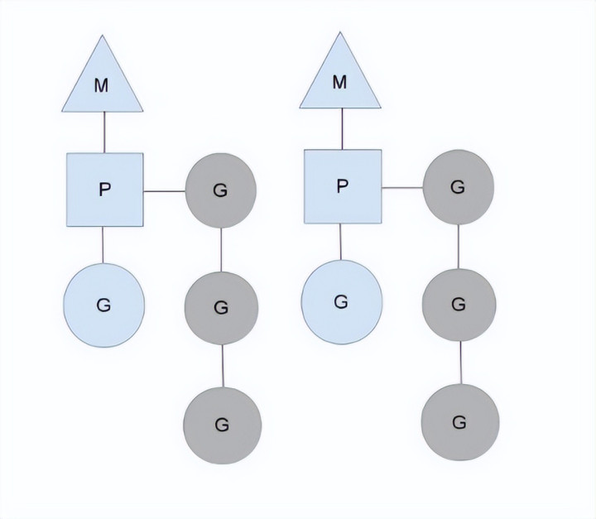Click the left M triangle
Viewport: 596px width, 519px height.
(x=103, y=83)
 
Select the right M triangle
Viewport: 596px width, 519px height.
(x=339, y=80)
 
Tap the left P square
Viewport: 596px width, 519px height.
(x=104, y=190)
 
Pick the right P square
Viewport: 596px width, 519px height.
(x=343, y=186)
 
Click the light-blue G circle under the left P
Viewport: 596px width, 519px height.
(x=104, y=304)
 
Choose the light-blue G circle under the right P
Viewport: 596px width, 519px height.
(x=341, y=301)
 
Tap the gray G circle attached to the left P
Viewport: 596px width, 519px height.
(x=220, y=190)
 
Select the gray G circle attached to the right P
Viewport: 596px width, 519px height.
(x=458, y=188)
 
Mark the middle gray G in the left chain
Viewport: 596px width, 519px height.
(x=220, y=307)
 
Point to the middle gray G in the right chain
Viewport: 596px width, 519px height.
(x=459, y=304)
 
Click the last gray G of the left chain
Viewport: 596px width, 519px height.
(x=222, y=424)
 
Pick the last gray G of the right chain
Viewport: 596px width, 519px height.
(x=460, y=421)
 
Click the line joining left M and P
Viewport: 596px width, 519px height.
(x=103, y=132)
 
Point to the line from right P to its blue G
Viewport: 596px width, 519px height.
(x=341, y=242)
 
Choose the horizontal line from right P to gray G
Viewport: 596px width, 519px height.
(x=401, y=188)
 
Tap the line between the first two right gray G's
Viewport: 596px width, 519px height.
(x=459, y=246)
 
